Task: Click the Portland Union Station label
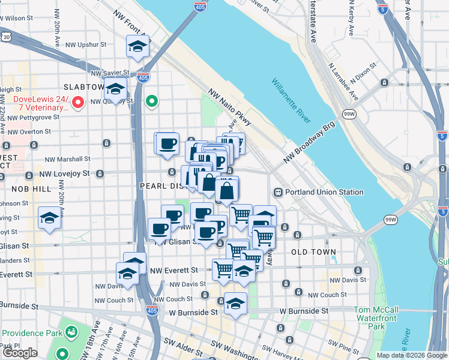(324, 192)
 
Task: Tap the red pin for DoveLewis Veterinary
(77, 103)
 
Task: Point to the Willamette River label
(290, 100)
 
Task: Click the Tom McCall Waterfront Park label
(377, 318)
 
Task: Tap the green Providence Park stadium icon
(71, 331)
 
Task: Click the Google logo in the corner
(20, 353)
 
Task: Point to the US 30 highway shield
(5, 37)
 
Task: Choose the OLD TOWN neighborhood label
(313, 252)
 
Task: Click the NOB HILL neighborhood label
(31, 188)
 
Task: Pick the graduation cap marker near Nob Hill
(49, 218)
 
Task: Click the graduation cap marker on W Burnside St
(236, 305)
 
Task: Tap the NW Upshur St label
(86, 44)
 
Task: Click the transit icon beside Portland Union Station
(279, 192)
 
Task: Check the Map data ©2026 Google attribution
(411, 355)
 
